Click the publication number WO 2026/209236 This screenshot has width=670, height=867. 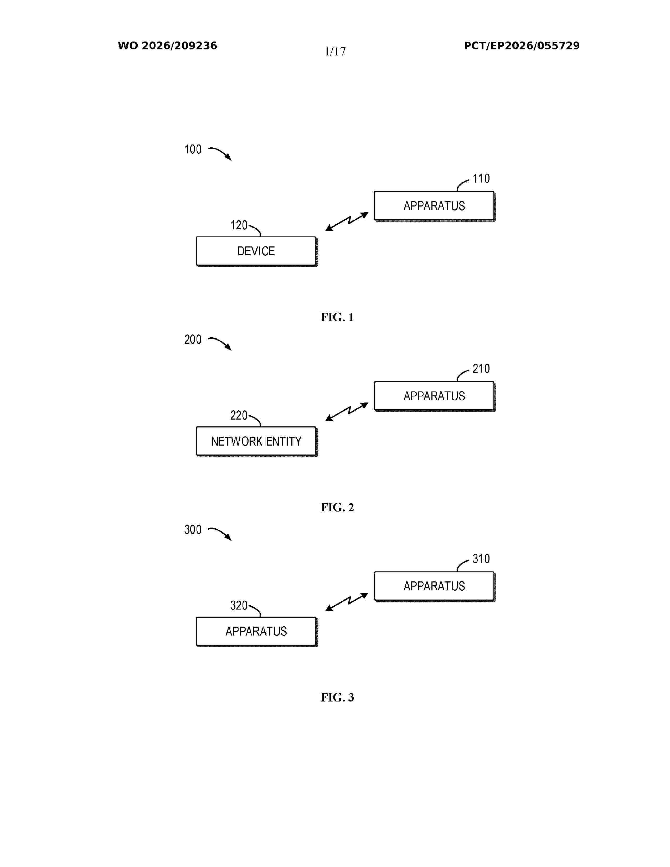168,46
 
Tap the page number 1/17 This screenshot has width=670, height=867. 335,51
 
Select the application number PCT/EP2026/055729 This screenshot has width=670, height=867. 522,46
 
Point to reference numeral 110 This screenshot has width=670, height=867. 481,179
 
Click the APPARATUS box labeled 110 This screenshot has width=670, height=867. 434,206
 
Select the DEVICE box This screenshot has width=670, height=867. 256,251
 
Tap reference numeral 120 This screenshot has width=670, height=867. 239,225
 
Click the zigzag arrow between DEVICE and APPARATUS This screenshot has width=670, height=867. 347,221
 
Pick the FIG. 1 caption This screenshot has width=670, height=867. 337,317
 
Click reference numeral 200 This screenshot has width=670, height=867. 193,339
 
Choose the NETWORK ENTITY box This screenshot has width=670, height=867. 256,441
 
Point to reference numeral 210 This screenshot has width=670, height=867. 481,369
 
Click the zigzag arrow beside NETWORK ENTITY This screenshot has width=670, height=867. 347,412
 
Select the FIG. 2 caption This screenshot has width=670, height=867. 337,507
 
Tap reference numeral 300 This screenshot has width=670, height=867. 193,530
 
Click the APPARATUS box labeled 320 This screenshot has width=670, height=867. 256,632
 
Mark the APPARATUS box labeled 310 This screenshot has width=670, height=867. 434,586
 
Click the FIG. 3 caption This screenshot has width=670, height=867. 337,698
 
